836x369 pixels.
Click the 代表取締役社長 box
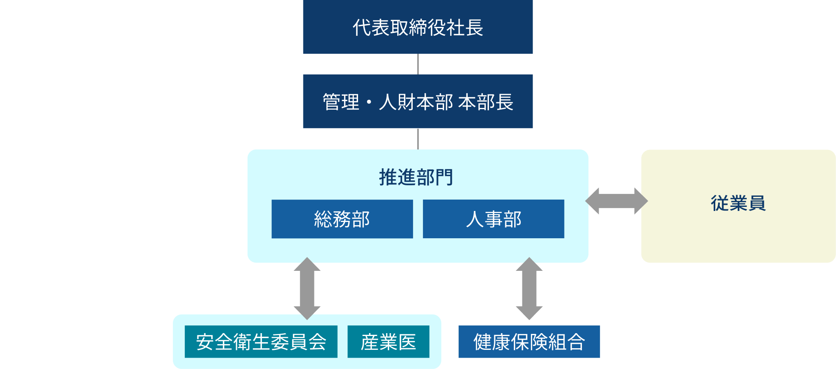point(418,27)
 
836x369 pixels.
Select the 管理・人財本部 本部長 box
point(418,101)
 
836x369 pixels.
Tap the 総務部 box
point(342,219)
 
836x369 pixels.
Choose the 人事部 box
point(493,219)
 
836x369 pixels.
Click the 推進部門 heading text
point(416,178)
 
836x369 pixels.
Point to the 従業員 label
point(738,203)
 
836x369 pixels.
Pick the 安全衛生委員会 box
point(261,342)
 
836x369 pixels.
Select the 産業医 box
point(388,342)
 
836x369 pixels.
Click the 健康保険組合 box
point(529,342)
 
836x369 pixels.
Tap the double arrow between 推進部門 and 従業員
point(616,201)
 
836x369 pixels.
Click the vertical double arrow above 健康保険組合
point(529,288)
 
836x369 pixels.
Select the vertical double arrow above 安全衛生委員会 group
point(307,288)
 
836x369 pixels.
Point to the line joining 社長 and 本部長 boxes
point(418,64)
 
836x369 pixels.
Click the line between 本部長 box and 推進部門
point(418,139)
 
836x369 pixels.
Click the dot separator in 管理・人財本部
point(369,102)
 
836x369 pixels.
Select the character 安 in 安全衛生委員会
point(205,342)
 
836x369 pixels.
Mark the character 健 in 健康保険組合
point(482,342)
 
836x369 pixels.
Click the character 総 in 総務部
point(323,220)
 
